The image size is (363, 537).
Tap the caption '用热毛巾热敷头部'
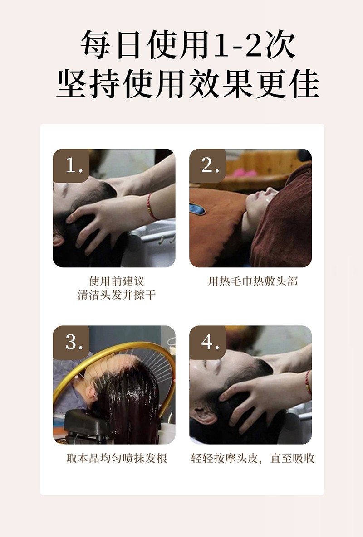[253, 281]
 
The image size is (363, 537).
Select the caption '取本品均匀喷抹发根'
[117, 458]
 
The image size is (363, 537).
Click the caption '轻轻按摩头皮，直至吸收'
[253, 458]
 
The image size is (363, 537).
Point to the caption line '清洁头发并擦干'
[117, 295]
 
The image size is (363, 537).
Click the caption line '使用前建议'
[117, 281]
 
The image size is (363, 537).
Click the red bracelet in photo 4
[308, 382]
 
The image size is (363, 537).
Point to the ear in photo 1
[58, 239]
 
